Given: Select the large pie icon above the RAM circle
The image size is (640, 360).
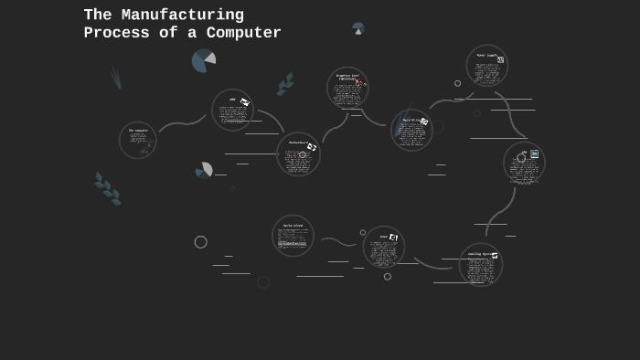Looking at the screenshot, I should (x=203, y=61).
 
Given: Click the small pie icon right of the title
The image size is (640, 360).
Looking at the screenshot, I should (x=357, y=28).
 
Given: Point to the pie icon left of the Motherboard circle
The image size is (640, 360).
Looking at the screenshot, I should (x=204, y=170).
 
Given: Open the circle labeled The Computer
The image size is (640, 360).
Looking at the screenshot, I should (x=138, y=141).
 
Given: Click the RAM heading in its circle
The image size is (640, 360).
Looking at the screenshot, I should (x=232, y=100).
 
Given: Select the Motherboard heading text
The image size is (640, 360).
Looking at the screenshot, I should (x=297, y=143).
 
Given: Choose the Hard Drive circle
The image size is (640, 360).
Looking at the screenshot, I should (x=411, y=130).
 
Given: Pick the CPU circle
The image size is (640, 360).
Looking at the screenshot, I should (x=524, y=163).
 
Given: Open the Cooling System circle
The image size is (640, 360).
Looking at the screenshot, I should (x=481, y=265).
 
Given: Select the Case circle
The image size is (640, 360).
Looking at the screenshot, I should (x=384, y=247).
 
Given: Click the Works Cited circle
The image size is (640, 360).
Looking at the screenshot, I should (x=293, y=236).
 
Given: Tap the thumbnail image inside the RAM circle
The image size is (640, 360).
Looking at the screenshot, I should (x=245, y=102).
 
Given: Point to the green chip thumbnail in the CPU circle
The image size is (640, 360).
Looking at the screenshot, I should (x=535, y=154).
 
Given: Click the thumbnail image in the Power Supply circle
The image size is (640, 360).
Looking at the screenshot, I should (x=500, y=59).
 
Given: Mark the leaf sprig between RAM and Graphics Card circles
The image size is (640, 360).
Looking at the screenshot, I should (x=286, y=84).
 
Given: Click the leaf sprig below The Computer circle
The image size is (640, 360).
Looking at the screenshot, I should (x=108, y=188).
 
